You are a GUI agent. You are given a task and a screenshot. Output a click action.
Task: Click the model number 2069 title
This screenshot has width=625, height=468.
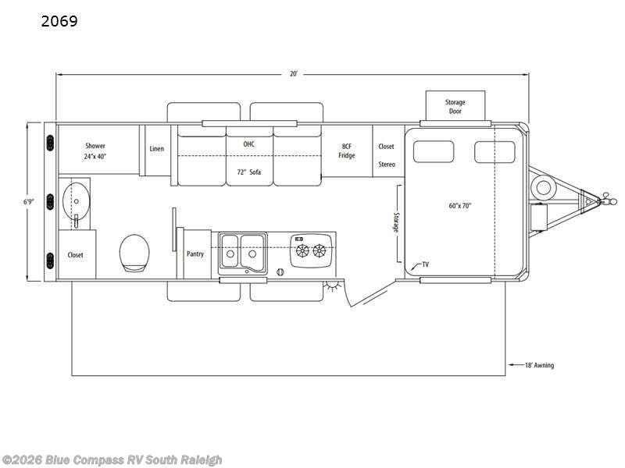point(59,21)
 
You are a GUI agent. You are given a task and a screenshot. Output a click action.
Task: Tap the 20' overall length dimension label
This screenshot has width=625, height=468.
point(293,74)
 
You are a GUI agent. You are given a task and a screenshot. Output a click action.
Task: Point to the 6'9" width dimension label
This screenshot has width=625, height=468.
point(29,201)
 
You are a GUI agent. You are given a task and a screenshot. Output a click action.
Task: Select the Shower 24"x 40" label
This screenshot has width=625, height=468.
point(95,151)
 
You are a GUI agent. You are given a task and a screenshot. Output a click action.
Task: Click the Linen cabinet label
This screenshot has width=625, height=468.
point(157,149)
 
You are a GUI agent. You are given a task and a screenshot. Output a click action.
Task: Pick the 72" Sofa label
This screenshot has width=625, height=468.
point(248,171)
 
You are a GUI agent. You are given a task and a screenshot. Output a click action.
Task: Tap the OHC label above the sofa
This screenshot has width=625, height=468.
point(248,144)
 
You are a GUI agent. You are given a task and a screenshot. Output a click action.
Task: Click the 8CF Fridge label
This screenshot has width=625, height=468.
point(347,151)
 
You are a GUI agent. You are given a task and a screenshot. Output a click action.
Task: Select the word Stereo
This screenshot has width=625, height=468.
point(387,165)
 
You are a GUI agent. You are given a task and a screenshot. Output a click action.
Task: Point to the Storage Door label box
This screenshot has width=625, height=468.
point(455,106)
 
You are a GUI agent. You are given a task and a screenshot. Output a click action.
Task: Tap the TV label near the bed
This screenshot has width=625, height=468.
point(427,265)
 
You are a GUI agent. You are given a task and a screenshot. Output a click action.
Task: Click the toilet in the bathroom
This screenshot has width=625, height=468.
point(134,252)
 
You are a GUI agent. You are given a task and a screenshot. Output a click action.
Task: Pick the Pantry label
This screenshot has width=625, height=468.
point(195,254)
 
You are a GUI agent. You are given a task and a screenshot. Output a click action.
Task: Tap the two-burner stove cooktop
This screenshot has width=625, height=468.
point(309,250)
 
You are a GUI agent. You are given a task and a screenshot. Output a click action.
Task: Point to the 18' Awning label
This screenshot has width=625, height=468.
point(540,365)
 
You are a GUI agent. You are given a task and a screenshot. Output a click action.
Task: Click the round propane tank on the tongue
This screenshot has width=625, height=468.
point(542,186)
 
